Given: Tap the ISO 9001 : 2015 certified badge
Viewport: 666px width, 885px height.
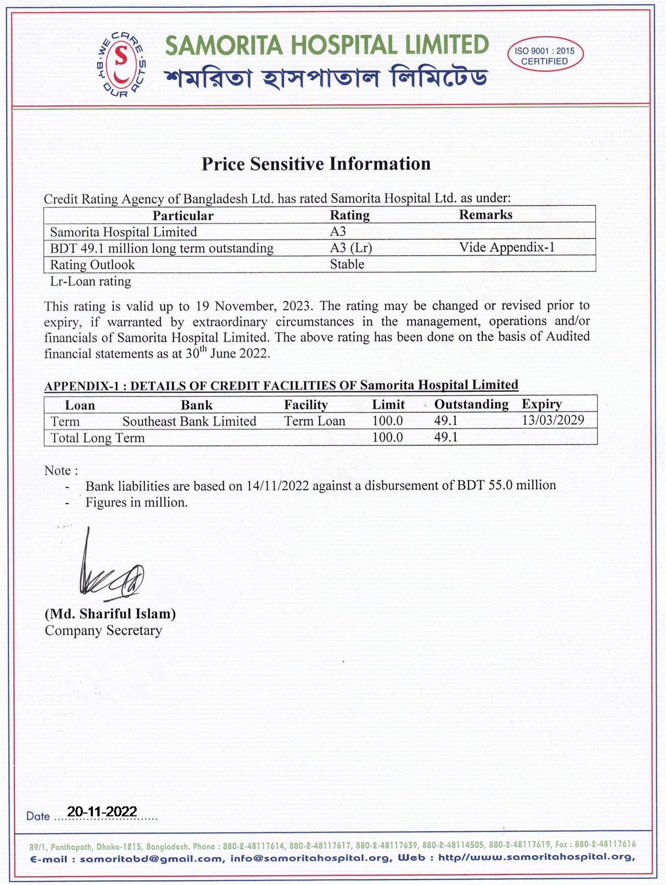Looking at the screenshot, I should [x=545, y=56].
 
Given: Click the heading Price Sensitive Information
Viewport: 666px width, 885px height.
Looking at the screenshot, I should [x=316, y=164].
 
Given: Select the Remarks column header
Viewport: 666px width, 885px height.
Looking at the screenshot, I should [x=486, y=215].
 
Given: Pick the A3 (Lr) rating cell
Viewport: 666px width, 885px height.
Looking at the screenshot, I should [x=351, y=248].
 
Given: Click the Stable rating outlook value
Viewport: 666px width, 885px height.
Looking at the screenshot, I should [x=347, y=265].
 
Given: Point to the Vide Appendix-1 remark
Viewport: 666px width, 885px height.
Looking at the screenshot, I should [x=507, y=247].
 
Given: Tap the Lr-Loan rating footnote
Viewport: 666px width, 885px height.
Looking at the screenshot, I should [x=91, y=282].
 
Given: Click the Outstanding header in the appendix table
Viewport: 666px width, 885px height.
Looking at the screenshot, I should [x=471, y=405].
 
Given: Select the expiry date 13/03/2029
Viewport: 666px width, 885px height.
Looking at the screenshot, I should [x=553, y=420].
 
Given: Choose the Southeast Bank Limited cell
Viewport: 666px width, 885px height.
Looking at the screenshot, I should [x=189, y=422].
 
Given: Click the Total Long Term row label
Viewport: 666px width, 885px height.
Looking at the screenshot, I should [x=97, y=438].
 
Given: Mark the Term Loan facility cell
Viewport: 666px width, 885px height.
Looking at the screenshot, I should [x=315, y=421].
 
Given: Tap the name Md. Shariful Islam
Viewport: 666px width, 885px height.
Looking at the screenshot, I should [x=110, y=614].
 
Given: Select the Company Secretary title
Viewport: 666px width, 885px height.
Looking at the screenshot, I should [x=103, y=631].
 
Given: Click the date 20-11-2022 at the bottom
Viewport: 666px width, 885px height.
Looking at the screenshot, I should [x=102, y=811].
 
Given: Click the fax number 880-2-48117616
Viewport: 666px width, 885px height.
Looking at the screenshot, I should [x=605, y=845].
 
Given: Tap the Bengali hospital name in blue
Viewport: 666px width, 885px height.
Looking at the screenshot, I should [x=326, y=78].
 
